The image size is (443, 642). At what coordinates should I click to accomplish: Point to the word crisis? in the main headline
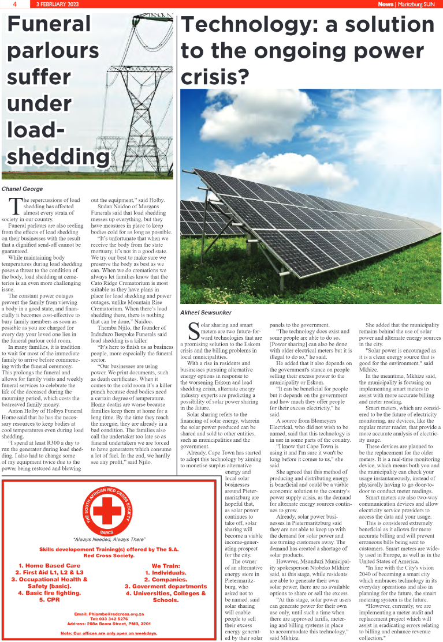[x=215, y=76]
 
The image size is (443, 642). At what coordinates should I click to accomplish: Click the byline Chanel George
[x=22, y=189]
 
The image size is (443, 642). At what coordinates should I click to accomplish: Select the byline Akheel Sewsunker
[x=206, y=313]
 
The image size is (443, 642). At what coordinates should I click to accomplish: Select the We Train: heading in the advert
[x=166, y=565]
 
